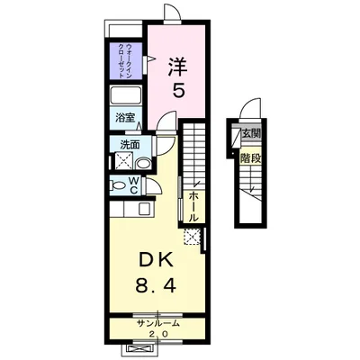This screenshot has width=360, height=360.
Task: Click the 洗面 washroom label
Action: tap(130, 144)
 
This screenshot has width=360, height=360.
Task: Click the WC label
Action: tap(131, 185)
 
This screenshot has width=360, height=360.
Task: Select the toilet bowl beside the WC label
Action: tap(116, 185)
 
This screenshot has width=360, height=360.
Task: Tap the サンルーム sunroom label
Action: tap(158, 323)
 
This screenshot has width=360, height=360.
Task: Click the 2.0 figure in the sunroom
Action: tap(158, 334)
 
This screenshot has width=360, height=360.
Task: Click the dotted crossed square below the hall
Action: tap(191, 238)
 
